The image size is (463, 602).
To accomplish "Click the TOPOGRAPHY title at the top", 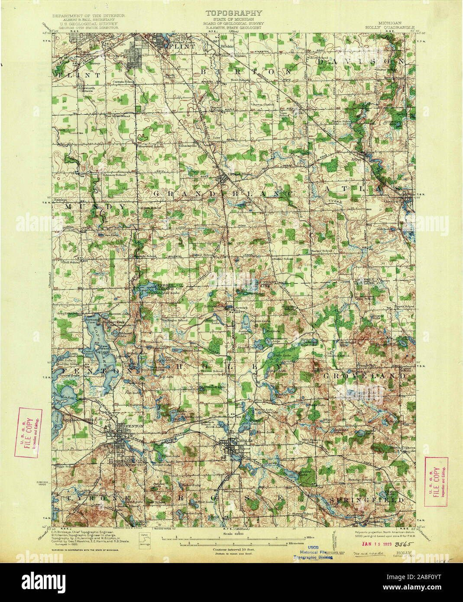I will pyautogui.click(x=231, y=13).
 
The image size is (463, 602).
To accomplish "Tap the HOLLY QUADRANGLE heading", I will pyautogui.click(x=390, y=26).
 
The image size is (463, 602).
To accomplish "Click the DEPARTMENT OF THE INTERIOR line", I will pyautogui.click(x=88, y=16).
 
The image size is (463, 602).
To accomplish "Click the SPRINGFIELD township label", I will pyautogui.click(x=366, y=500).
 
